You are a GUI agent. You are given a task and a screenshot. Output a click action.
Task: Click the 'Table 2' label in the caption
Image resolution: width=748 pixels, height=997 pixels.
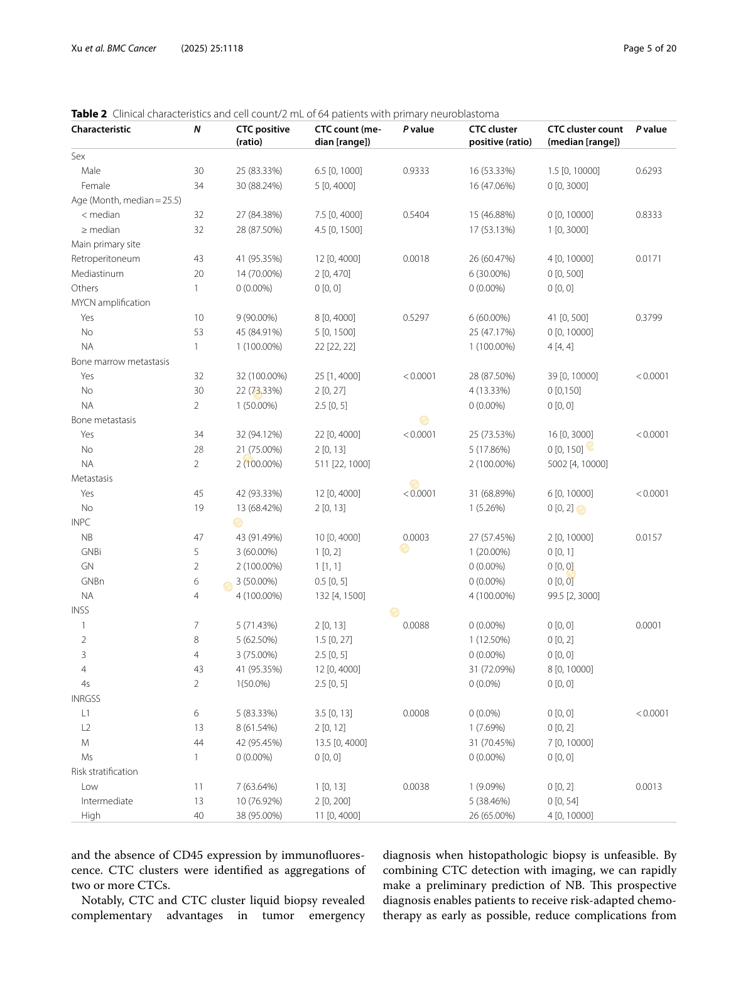[89, 114]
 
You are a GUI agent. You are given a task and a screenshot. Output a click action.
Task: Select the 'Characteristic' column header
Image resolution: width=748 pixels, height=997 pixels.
[100, 129]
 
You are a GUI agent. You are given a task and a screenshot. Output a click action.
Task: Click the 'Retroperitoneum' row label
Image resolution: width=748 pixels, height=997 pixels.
[106, 259]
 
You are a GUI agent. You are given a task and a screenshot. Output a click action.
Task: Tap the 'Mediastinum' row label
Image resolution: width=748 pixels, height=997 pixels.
[97, 274]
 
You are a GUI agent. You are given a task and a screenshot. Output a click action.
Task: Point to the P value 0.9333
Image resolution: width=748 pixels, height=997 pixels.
[416, 171]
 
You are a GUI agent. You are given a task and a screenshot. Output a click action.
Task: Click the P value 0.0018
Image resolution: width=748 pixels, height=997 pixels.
[416, 259]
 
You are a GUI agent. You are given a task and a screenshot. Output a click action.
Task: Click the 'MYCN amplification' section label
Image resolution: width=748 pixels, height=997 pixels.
[111, 303]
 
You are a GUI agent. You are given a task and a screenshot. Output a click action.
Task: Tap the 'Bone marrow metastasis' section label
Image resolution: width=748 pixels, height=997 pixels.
[120, 362]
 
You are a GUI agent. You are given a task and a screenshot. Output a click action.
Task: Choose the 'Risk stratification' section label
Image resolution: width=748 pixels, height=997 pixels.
[104, 772]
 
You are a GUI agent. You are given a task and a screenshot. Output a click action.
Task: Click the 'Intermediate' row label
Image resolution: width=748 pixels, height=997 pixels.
[107, 801]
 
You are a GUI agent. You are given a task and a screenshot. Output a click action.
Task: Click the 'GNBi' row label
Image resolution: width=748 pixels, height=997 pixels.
[91, 552]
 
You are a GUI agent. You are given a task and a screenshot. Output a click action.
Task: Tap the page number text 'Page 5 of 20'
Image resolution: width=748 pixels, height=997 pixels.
[649, 48]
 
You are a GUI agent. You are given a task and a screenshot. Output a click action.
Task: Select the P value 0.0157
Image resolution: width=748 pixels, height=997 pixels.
[648, 537]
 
